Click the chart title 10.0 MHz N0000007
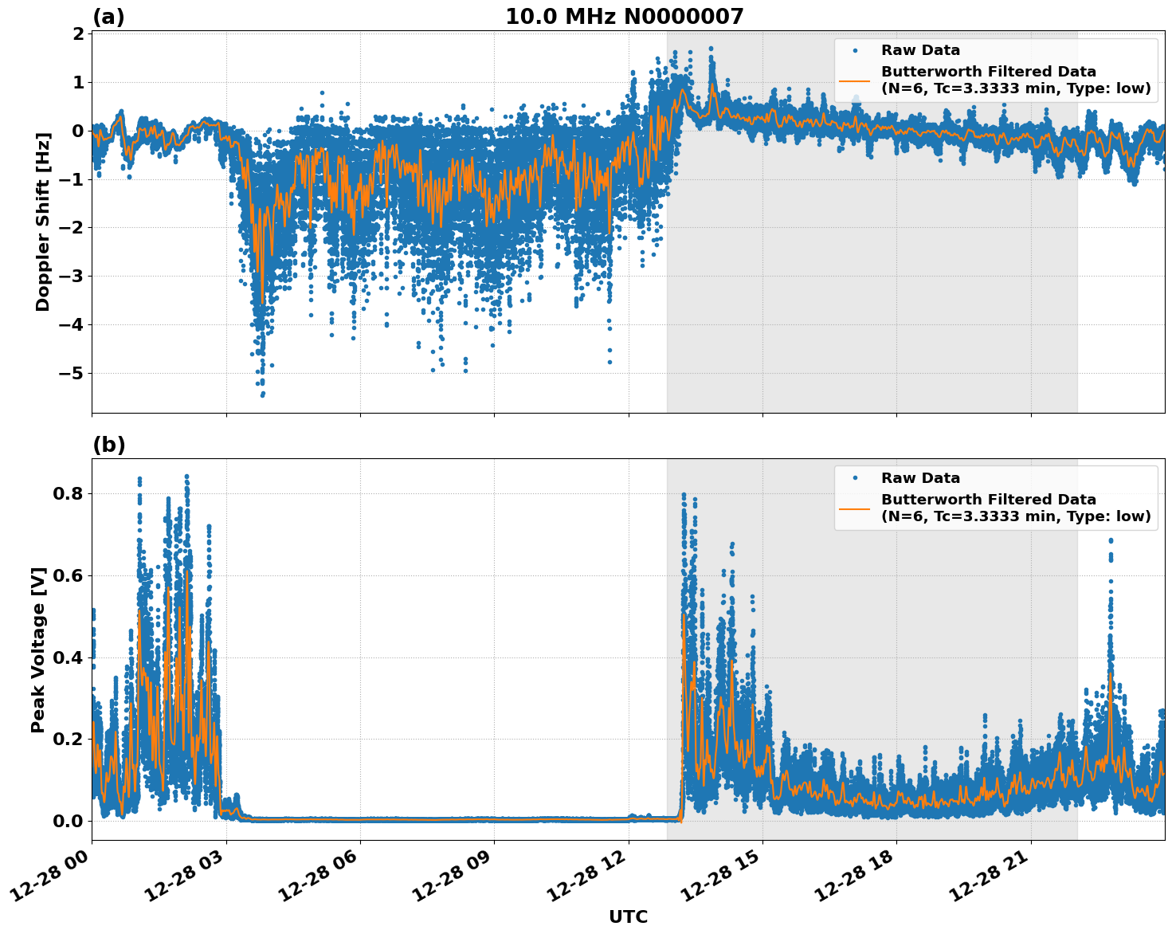pyautogui.click(x=624, y=17)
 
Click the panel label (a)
pyautogui.click(x=108, y=17)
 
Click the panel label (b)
pyautogui.click(x=108, y=445)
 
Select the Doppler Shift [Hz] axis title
pyautogui.click(x=43, y=222)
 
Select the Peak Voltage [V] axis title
pyautogui.click(x=38, y=649)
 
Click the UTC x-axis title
pyautogui.click(x=628, y=916)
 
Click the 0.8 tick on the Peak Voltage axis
pyautogui.click(x=69, y=494)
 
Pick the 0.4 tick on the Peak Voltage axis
pyautogui.click(x=69, y=657)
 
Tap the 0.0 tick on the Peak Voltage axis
pyautogui.click(x=69, y=821)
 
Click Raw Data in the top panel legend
pyautogui.click(x=920, y=50)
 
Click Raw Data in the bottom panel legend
pyautogui.click(x=920, y=478)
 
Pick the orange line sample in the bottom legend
pyautogui.click(x=855, y=508)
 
